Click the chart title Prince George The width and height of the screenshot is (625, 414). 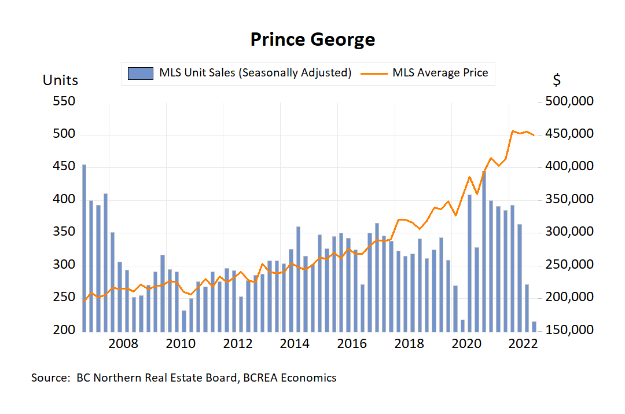tap(312, 39)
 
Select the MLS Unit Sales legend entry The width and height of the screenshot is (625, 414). tap(255, 73)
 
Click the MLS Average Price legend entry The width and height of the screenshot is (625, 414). tap(440, 73)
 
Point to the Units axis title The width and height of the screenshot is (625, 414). tap(60, 80)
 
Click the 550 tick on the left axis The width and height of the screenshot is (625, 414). tap(63, 102)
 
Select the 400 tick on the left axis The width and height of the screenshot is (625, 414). tap(63, 200)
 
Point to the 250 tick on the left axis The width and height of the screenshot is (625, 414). tap(63, 298)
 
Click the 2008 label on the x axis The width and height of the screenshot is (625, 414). tap(123, 344)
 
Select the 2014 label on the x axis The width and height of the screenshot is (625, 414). tap(295, 344)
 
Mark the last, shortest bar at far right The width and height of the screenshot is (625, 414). tap(534, 327)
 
